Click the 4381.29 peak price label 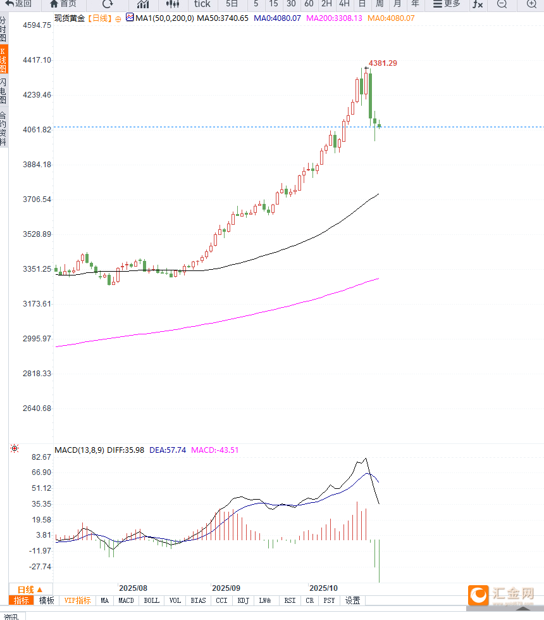pyautogui.click(x=383, y=63)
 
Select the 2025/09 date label pyautogui.click(x=226, y=588)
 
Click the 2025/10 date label pyautogui.click(x=324, y=588)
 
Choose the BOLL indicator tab pyautogui.click(x=151, y=600)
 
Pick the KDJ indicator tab pyautogui.click(x=244, y=600)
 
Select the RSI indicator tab pyautogui.click(x=290, y=600)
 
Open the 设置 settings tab pyautogui.click(x=352, y=600)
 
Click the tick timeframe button pyautogui.click(x=202, y=4)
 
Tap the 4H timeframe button pyautogui.click(x=344, y=4)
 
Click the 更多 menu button pyautogui.click(x=447, y=4)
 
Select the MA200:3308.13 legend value pyautogui.click(x=334, y=18)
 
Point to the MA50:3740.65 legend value pyautogui.click(x=223, y=18)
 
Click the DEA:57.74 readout pyautogui.click(x=168, y=450)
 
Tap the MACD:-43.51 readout pyautogui.click(x=215, y=450)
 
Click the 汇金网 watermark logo pyautogui.click(x=504, y=594)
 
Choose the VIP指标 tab pyautogui.click(x=77, y=600)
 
